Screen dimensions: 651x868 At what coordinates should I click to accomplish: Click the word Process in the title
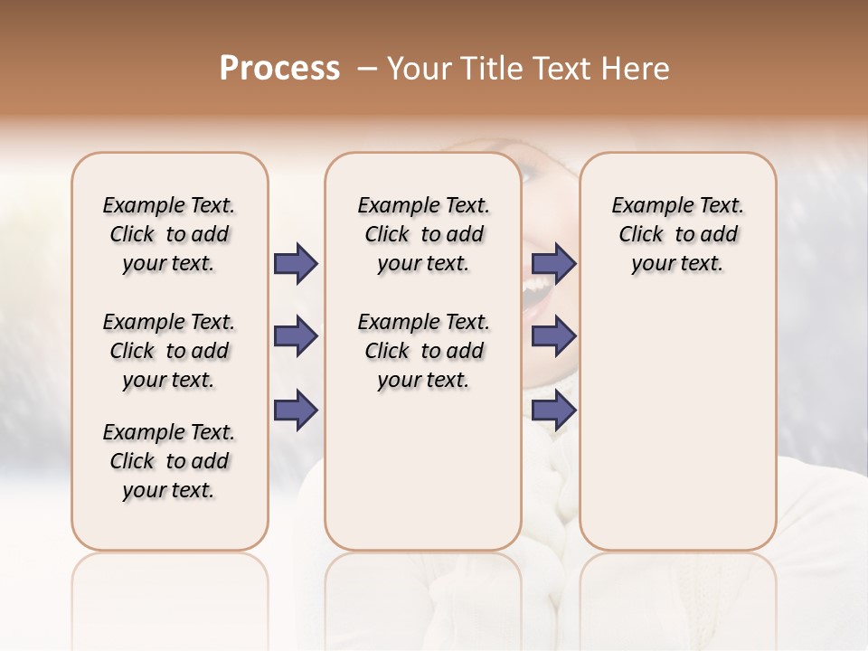point(279,68)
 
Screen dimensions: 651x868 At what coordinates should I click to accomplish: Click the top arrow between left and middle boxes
point(296,264)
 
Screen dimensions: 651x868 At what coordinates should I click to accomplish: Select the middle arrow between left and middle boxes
point(296,336)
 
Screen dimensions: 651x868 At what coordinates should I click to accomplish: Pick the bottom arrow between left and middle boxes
point(296,410)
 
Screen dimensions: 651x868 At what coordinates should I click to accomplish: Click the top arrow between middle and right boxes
point(553,264)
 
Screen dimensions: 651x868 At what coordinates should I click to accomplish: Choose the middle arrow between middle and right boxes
point(553,336)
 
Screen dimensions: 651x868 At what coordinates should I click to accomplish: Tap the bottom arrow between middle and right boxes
point(553,410)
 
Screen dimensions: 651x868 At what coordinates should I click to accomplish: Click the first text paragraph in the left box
point(169,234)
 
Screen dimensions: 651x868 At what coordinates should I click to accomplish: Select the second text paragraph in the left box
point(169,351)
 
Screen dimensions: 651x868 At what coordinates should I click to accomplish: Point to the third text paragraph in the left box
point(169,461)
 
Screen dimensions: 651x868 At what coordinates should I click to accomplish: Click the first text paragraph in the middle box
point(424,234)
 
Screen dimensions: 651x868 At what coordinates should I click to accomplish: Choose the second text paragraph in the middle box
point(424,351)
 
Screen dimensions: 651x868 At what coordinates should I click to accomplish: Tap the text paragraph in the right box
point(678,234)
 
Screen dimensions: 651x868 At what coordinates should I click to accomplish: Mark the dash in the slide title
point(366,68)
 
